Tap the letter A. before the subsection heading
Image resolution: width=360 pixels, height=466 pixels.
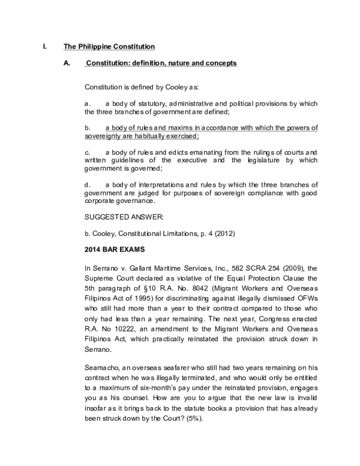coord(67,63)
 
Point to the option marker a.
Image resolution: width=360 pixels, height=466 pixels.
coord(88,104)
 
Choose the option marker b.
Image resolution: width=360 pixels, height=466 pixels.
coord(88,128)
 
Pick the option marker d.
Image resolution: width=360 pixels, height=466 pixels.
coord(88,184)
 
